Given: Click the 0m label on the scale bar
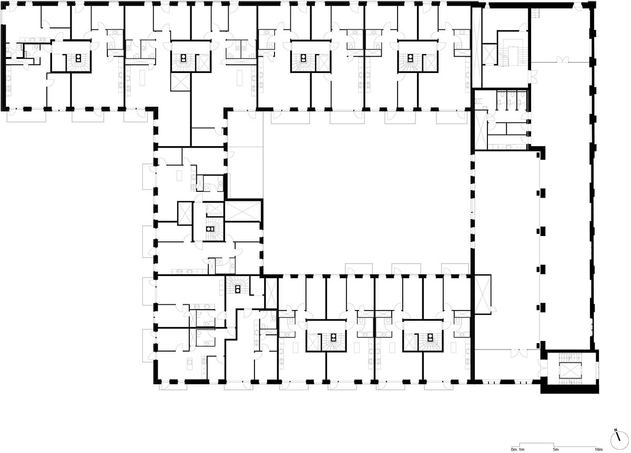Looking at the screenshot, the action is click(514, 449).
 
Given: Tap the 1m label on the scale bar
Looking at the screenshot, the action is click(522, 449).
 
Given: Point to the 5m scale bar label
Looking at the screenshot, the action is click(555, 449).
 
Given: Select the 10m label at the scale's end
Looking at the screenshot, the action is click(598, 449).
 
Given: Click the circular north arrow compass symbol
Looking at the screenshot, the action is click(619, 440).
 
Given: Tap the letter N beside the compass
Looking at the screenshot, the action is click(616, 430).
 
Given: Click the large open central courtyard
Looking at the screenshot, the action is click(366, 191).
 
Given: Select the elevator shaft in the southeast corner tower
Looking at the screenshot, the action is click(570, 370).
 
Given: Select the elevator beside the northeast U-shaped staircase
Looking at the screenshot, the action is click(490, 54).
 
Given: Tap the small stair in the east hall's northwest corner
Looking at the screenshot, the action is click(535, 13).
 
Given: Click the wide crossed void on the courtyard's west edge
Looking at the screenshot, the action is click(243, 211).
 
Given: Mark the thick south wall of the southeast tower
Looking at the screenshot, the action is click(569, 389).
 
